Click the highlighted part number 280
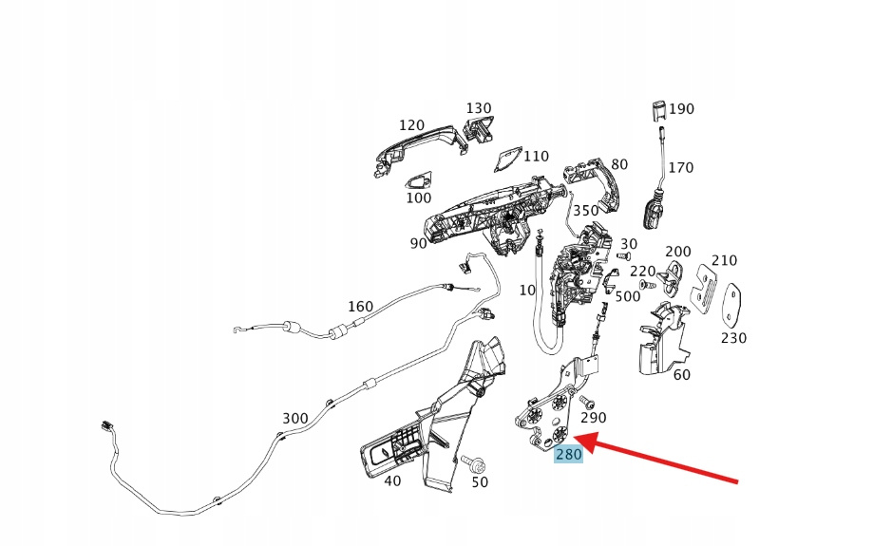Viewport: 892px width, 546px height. [568, 454]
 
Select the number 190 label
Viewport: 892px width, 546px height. [681, 109]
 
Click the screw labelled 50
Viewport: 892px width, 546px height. [475, 464]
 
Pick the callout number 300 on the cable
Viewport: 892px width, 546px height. [294, 418]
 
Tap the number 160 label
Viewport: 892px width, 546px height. [361, 307]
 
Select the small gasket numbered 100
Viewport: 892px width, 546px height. [418, 179]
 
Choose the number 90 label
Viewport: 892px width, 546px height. [418, 243]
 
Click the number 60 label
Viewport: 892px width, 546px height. [681, 375]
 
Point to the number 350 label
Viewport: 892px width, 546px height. [585, 211]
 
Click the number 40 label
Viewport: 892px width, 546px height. [392, 480]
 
